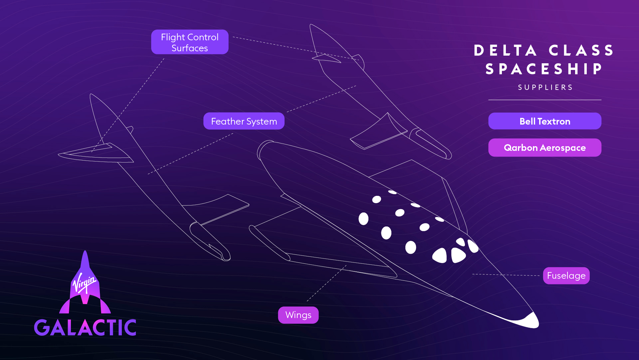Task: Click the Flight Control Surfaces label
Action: point(190,42)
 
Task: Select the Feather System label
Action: point(244,121)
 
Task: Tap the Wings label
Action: point(298,315)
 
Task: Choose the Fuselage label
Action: point(566,276)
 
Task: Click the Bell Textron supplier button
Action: point(545,121)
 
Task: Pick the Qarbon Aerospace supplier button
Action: point(545,148)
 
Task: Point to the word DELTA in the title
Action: point(505,51)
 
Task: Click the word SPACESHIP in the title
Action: point(544,69)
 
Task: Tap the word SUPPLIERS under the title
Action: point(545,87)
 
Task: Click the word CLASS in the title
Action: point(581,51)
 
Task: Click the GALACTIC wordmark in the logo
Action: point(85,327)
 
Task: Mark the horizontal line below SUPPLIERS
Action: point(545,100)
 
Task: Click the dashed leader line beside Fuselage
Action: point(506,275)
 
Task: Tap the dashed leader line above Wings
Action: point(326,283)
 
